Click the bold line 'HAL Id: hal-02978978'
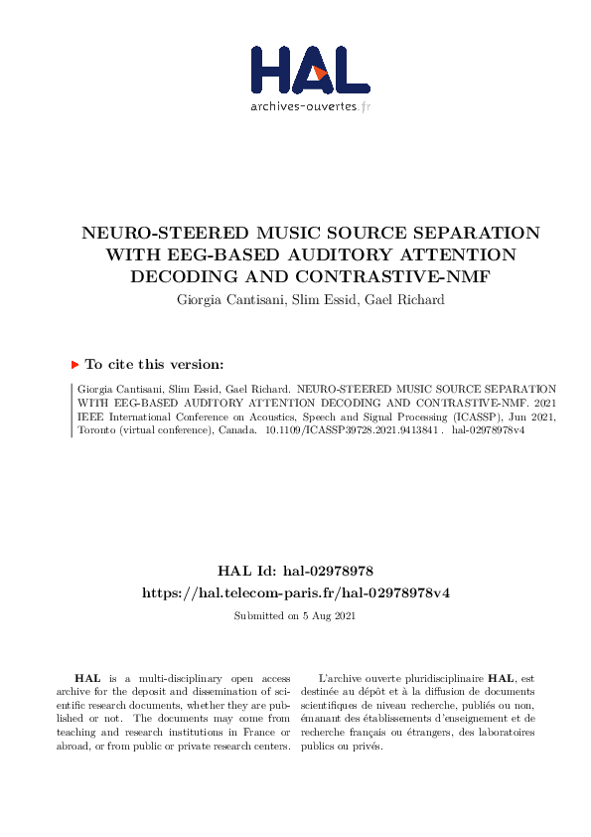coord(295,572)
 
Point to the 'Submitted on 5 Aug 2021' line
coord(295,616)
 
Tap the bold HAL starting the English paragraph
coord(86,677)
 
